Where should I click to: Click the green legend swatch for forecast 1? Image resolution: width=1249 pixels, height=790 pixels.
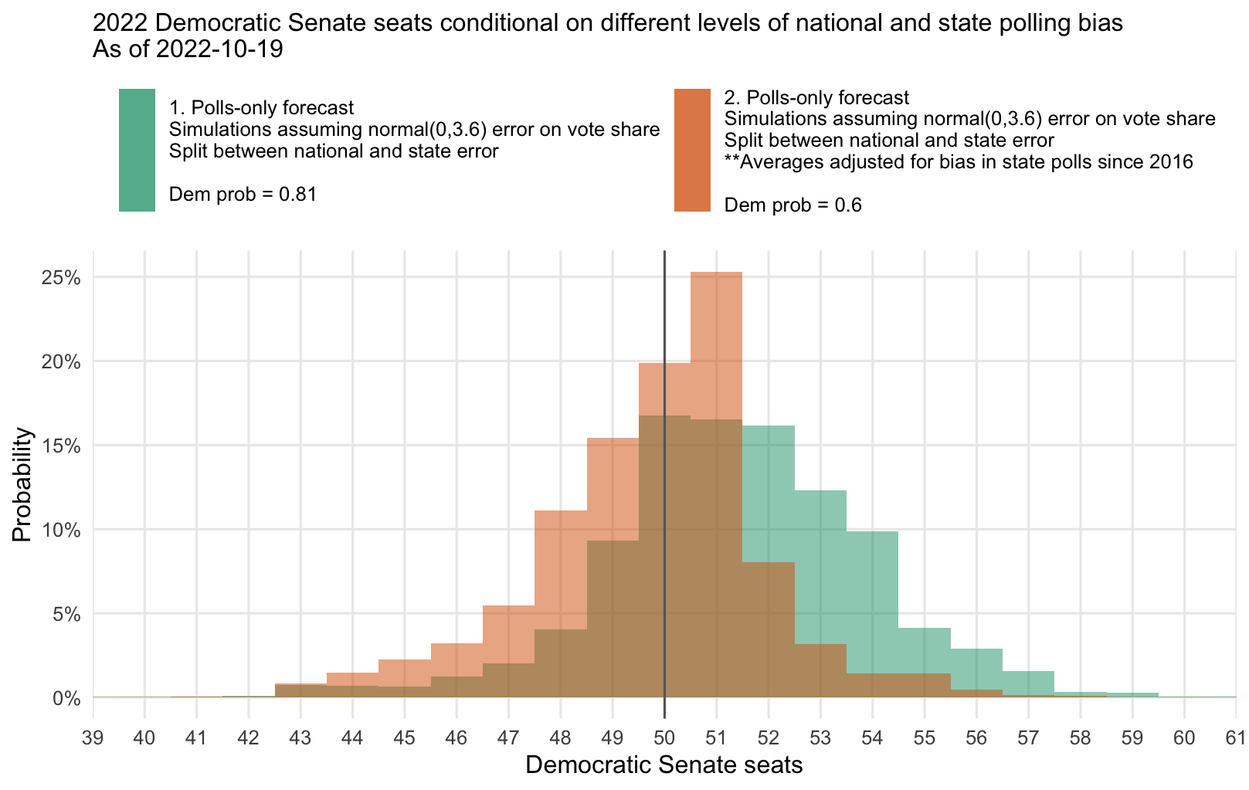click(137, 150)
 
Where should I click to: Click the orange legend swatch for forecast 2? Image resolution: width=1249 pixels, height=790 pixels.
click(692, 150)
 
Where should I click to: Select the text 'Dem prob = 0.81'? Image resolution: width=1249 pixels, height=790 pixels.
click(243, 194)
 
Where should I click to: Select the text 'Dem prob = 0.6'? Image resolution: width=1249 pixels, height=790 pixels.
click(793, 205)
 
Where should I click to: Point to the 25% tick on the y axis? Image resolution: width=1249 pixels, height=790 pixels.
click(62, 277)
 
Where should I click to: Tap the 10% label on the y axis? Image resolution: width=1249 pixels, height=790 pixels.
click(62, 531)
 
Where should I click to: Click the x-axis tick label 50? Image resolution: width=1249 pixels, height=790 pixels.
click(664, 738)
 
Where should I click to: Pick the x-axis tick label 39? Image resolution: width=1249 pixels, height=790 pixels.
click(93, 738)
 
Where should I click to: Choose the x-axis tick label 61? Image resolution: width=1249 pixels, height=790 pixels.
click(1236, 738)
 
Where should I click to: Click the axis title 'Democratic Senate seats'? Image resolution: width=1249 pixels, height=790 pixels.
click(664, 765)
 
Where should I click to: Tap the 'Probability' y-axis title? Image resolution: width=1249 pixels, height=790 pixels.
click(22, 484)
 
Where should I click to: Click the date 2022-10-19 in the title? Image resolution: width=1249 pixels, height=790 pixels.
click(219, 49)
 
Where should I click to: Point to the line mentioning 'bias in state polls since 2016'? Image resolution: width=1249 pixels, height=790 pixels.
click(959, 162)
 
